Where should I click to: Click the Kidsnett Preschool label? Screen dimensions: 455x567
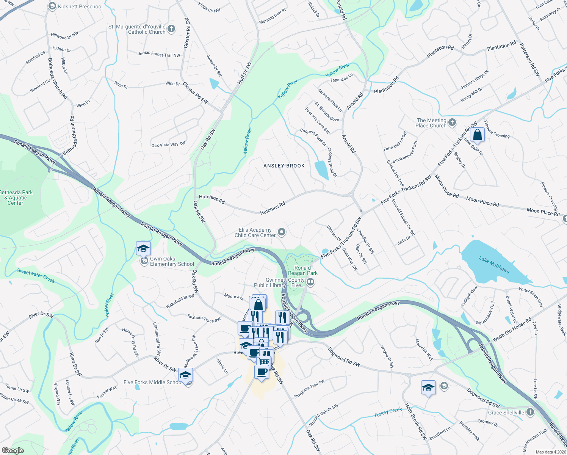click(x=80, y=6)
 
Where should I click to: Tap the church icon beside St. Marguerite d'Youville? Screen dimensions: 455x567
click(x=171, y=29)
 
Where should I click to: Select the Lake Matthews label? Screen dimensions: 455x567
click(x=494, y=265)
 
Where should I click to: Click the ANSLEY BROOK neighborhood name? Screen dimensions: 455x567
click(x=284, y=166)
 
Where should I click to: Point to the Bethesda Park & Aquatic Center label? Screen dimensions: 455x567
click(x=16, y=198)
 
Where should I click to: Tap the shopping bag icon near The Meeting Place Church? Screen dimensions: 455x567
click(x=478, y=135)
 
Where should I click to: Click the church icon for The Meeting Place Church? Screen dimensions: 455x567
click(x=452, y=122)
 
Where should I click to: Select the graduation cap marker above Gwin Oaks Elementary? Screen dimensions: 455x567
click(x=143, y=249)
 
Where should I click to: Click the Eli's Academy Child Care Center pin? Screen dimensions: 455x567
click(x=281, y=232)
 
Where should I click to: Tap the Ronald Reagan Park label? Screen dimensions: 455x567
click(x=302, y=270)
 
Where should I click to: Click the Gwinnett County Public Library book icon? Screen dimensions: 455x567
click(x=310, y=281)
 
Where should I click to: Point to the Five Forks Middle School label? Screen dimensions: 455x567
click(x=153, y=382)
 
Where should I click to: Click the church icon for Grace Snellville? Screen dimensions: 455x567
click(x=530, y=412)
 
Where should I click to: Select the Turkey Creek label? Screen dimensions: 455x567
click(x=388, y=412)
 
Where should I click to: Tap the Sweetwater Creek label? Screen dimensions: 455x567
click(x=36, y=276)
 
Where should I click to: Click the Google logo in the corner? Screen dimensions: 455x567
click(x=13, y=450)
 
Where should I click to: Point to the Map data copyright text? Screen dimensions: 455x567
click(x=551, y=452)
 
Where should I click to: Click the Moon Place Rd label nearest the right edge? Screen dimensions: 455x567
click(x=543, y=212)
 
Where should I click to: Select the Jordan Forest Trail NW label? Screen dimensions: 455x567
click(x=159, y=54)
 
